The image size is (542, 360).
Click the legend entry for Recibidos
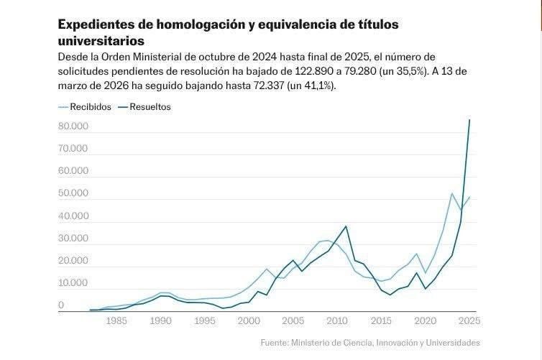pyautogui.click(x=89, y=107)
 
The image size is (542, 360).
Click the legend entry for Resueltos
pyautogui.click(x=150, y=107)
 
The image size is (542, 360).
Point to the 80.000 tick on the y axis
pyautogui.click(x=73, y=126)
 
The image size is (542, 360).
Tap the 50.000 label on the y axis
pyautogui.click(x=73, y=194)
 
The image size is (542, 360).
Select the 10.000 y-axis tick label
pyautogui.click(x=73, y=283)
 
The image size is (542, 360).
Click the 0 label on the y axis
pyautogui.click(x=61, y=305)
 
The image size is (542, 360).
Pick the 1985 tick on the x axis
pyautogui.click(x=116, y=320)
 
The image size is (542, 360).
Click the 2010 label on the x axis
pyautogui.click(x=337, y=320)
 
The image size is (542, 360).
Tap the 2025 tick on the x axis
pyautogui.click(x=469, y=320)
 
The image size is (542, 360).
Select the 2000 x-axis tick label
pyautogui.click(x=249, y=320)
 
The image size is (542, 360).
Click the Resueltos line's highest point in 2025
pyautogui.click(x=469, y=120)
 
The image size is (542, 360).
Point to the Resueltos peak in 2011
pyautogui.click(x=346, y=226)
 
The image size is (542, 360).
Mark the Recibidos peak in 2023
pyautogui.click(x=452, y=193)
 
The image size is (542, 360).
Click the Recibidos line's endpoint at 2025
pyautogui.click(x=469, y=197)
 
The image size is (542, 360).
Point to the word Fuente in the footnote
pyautogui.click(x=274, y=343)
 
